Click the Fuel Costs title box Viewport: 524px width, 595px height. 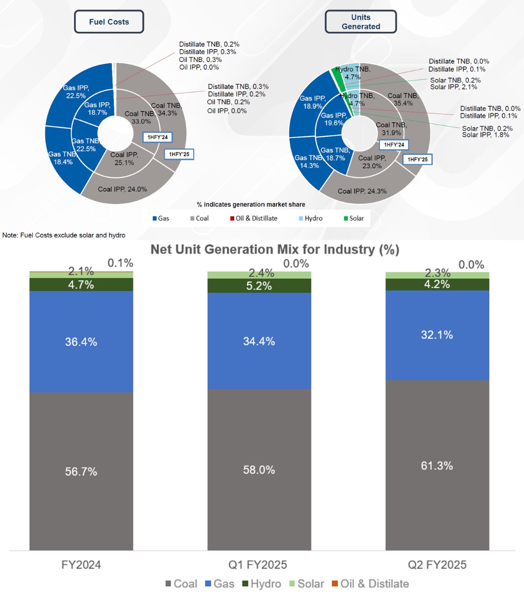pos(109,22)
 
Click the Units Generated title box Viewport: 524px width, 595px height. pos(361,22)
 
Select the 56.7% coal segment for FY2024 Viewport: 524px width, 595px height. pos(81,471)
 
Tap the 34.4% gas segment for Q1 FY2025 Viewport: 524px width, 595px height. pos(259,341)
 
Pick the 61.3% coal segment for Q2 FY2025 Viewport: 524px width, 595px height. pos(437,466)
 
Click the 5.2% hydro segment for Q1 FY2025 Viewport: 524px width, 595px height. pos(259,286)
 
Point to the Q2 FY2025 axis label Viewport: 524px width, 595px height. pos(437,564)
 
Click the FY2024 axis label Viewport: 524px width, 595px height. pos(81,564)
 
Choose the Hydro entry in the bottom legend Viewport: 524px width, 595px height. pos(262,584)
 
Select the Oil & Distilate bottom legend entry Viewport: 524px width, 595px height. pos(370,584)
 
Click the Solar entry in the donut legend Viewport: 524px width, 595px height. pos(354,218)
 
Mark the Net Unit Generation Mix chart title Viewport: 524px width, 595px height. pos(275,250)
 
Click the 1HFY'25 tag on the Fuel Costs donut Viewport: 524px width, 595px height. pos(179,154)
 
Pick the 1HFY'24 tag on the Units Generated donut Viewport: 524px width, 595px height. pos(394,144)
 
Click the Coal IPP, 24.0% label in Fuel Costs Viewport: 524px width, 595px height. pos(122,189)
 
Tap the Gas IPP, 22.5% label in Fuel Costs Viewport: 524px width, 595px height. pos(76,92)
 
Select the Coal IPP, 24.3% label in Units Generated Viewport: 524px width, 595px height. pos(362,191)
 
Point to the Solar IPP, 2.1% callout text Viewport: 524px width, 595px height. pos(453,87)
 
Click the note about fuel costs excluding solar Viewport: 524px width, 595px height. pos(64,235)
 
